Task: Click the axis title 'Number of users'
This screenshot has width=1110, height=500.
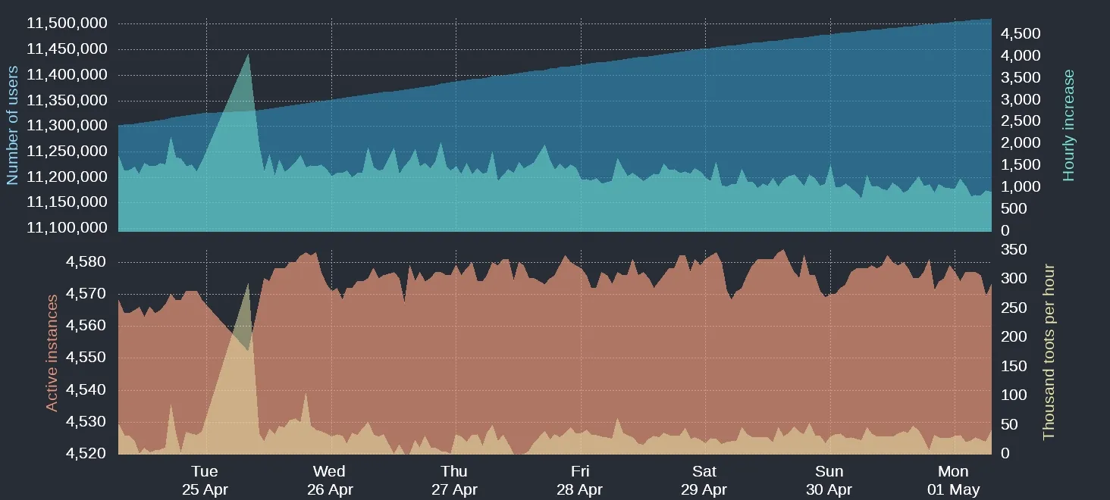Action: click(12, 125)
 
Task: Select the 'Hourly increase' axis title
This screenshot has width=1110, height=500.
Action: click(1069, 125)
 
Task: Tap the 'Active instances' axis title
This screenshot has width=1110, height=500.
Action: click(52, 353)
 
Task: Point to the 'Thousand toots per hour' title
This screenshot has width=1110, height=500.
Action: click(1049, 352)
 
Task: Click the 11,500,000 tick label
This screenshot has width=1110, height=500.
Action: click(67, 23)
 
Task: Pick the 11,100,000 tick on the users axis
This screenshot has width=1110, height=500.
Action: click(67, 227)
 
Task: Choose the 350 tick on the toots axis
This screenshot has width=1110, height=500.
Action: click(1014, 250)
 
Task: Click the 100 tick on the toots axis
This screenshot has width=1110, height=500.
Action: click(1014, 395)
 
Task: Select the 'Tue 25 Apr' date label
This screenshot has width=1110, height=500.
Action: click(205, 480)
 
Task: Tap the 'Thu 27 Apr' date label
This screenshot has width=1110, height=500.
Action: click(454, 480)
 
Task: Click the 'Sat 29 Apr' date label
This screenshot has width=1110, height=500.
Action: click(704, 480)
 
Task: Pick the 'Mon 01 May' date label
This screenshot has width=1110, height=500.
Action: click(953, 480)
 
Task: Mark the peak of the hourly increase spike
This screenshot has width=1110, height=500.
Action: click(248, 54)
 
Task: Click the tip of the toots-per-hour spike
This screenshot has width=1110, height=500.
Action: click(248, 283)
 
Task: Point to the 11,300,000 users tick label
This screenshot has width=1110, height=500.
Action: click(67, 126)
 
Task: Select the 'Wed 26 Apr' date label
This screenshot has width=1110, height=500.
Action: click(330, 480)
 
